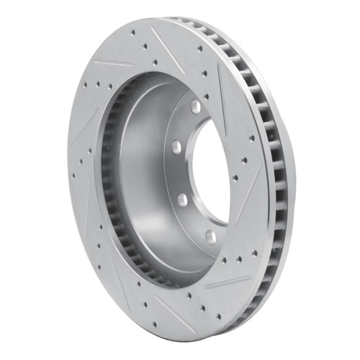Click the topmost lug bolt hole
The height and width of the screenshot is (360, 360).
point(195,107)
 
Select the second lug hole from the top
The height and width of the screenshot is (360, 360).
point(175,146)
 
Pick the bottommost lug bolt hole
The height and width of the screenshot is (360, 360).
point(210,236)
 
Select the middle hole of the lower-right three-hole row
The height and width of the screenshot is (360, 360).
point(238,259)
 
